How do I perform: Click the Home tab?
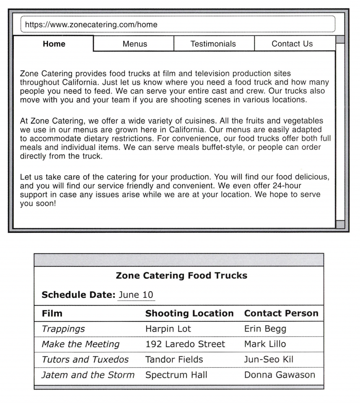point(54,44)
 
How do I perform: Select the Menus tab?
point(134,44)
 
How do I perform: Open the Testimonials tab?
point(213,44)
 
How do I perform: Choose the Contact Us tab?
point(292,44)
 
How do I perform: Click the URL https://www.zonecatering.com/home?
point(91,25)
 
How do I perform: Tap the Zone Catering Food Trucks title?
point(181,275)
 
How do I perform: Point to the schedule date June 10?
point(136,295)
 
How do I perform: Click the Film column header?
point(52,314)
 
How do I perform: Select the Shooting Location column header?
point(189,314)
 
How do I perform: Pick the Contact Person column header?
point(281,314)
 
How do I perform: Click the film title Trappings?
point(63,329)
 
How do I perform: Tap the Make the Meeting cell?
point(80,344)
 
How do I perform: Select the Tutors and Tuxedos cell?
point(85,360)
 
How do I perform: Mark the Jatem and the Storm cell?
point(88,375)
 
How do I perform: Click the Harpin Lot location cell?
point(168,329)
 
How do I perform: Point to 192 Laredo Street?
point(185,344)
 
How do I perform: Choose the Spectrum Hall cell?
point(176,375)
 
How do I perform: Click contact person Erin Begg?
point(265,329)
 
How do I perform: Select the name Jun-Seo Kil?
point(269,360)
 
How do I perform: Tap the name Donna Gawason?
point(280,375)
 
